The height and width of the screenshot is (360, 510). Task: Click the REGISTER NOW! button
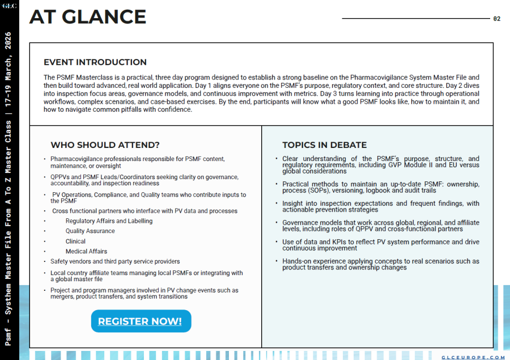[141, 321]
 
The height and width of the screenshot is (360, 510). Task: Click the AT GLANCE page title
[88, 17]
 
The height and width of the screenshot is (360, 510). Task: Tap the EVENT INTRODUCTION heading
[95, 62]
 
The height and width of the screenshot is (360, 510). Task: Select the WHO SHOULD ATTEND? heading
[105, 145]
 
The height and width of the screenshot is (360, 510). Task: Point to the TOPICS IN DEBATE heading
[325, 145]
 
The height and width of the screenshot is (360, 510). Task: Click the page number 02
[497, 19]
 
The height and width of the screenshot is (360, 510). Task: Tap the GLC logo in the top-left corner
[10, 6]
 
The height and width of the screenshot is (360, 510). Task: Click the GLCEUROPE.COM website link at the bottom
[473, 357]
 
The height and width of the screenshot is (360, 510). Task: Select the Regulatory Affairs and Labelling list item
[109, 221]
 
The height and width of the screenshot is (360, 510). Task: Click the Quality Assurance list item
[90, 231]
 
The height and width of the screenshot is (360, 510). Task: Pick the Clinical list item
[75, 242]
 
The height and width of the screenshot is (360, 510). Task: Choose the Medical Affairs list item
[86, 252]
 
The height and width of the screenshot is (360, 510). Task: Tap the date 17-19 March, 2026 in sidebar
[8, 67]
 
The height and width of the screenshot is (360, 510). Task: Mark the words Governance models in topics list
[308, 223]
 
